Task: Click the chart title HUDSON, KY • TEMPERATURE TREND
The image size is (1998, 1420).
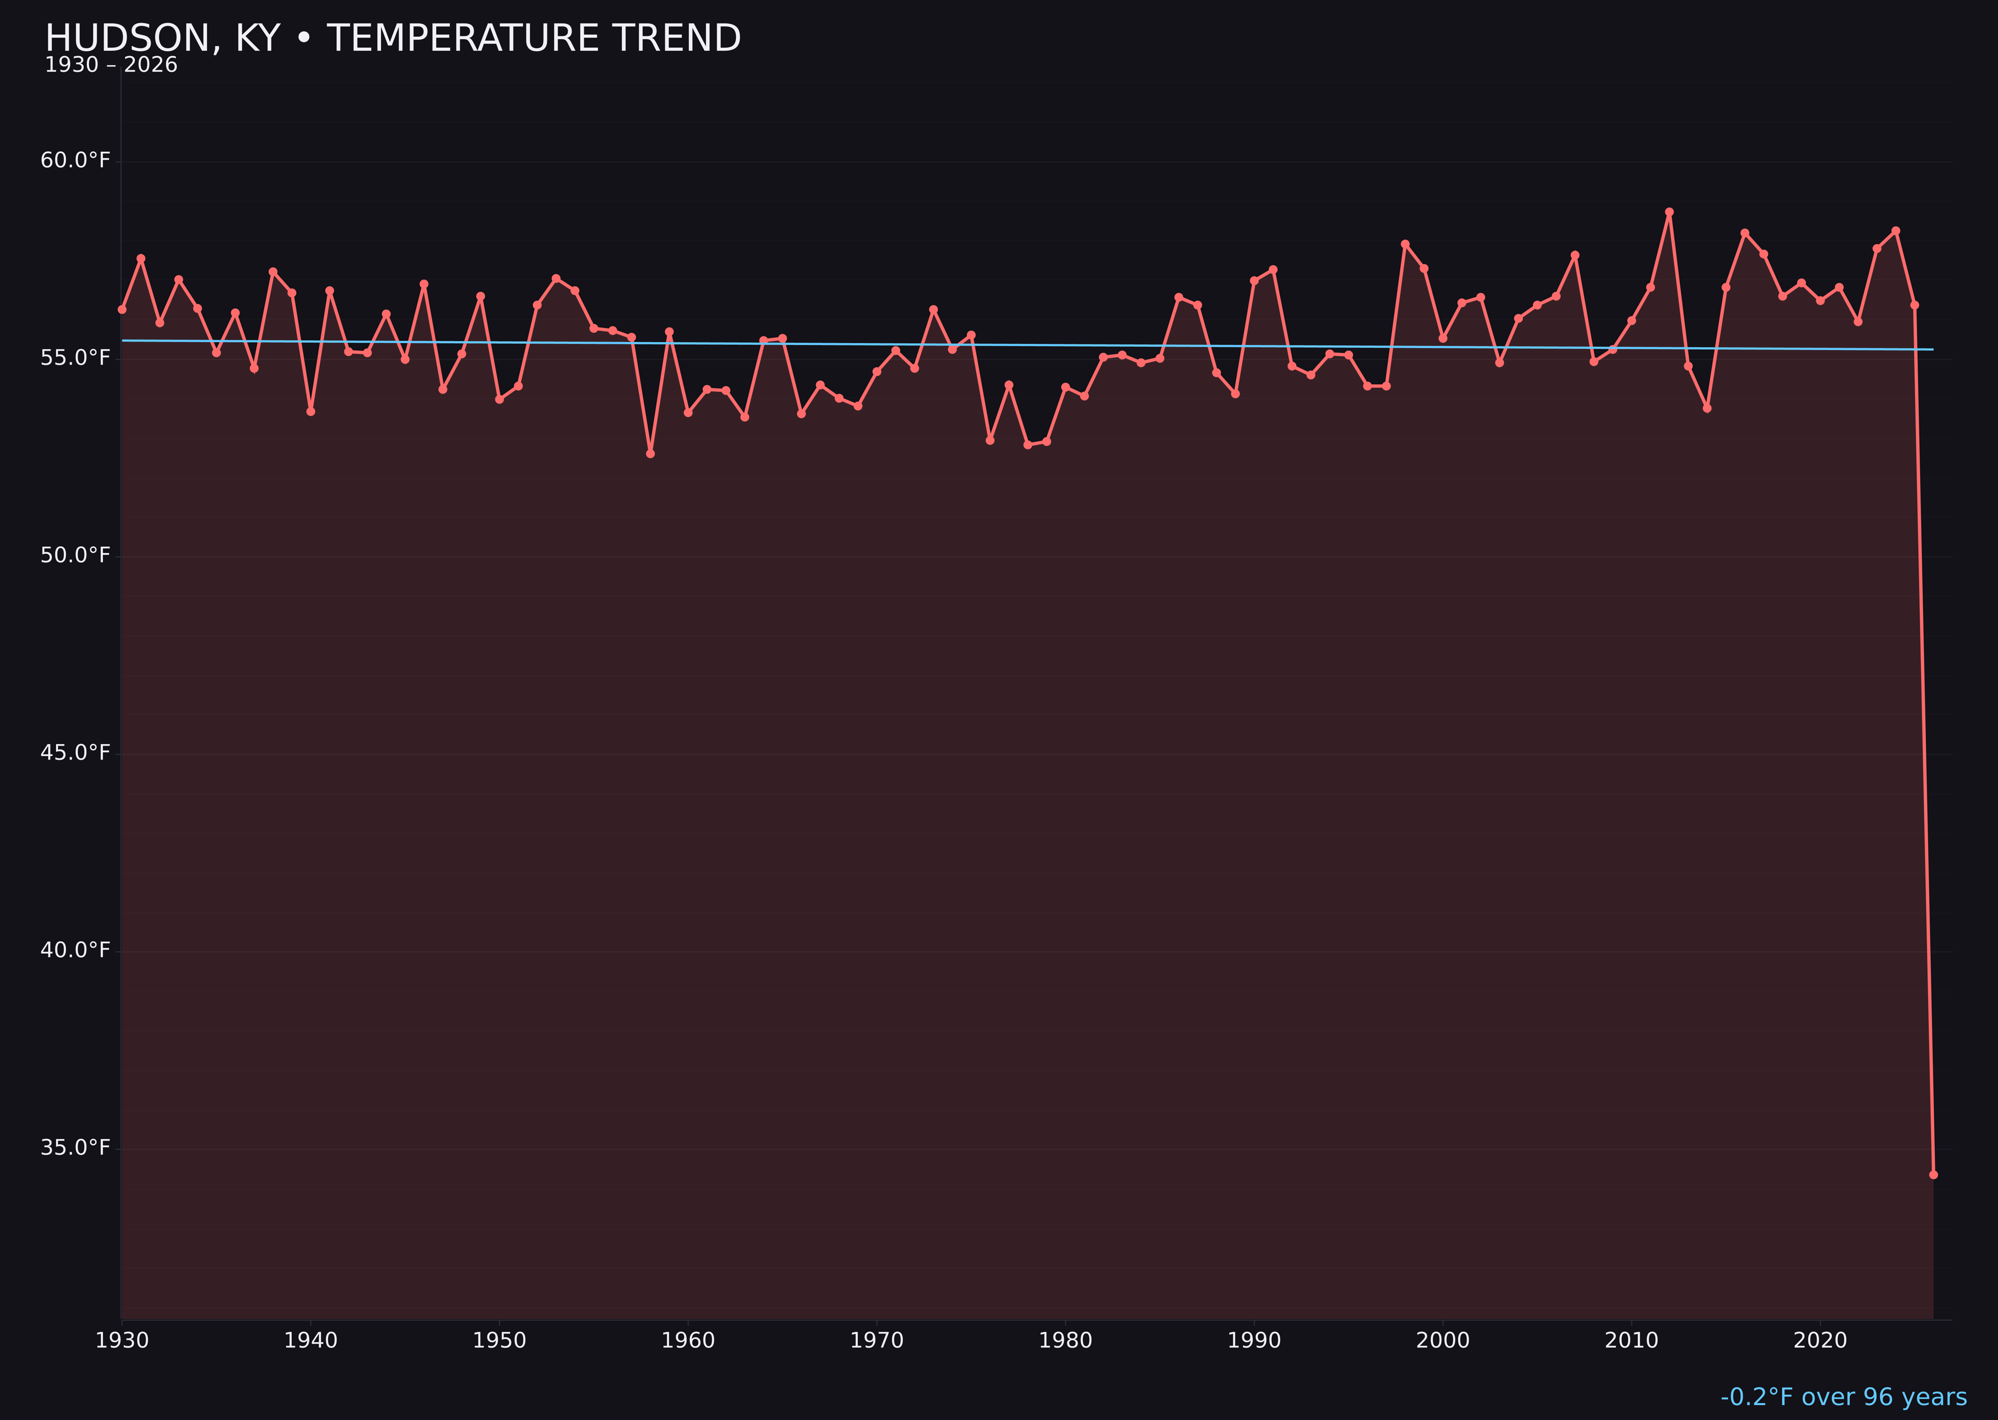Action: (x=393, y=38)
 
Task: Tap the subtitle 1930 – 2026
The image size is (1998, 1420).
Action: (x=111, y=65)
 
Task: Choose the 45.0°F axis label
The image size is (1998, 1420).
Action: (x=75, y=753)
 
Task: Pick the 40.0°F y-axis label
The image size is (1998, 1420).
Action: (x=75, y=951)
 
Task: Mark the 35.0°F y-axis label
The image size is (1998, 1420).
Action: (x=75, y=1148)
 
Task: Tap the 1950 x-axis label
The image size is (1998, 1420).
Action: (x=499, y=1341)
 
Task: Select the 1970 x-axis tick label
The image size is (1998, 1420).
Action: (x=877, y=1341)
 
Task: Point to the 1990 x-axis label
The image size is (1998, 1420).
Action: (x=1254, y=1341)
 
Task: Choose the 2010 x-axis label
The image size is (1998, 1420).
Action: (x=1631, y=1341)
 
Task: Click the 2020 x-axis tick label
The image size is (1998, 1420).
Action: (x=1820, y=1341)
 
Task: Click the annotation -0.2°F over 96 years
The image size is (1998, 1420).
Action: (x=1843, y=1397)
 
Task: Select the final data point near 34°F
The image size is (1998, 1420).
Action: (x=1933, y=1174)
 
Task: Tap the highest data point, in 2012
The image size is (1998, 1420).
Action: (x=1669, y=212)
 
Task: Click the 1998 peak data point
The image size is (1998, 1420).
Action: (x=1405, y=244)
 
